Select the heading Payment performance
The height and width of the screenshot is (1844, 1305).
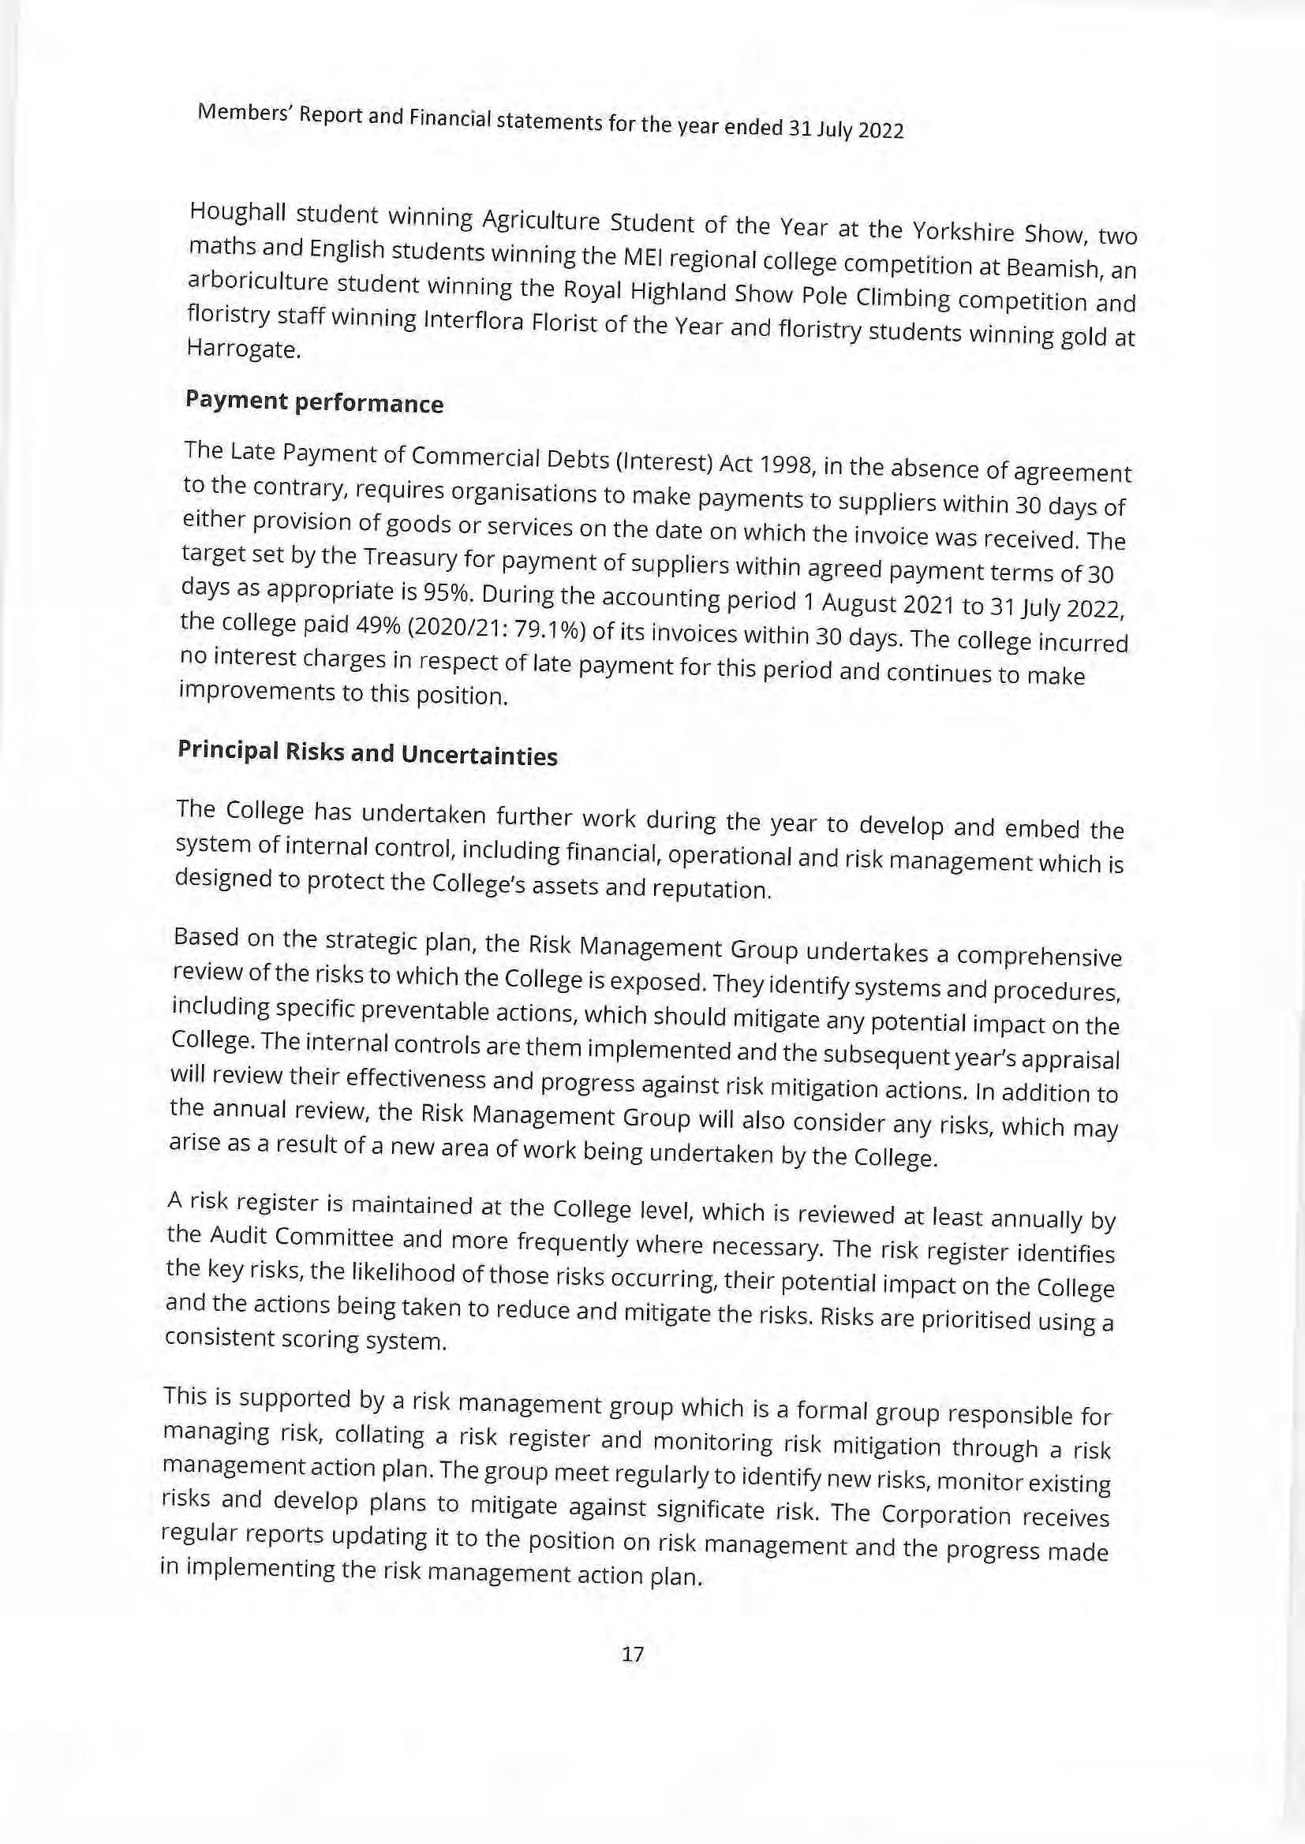point(314,401)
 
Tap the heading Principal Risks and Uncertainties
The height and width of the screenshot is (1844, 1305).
point(366,753)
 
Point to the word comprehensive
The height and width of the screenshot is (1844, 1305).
point(1039,957)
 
